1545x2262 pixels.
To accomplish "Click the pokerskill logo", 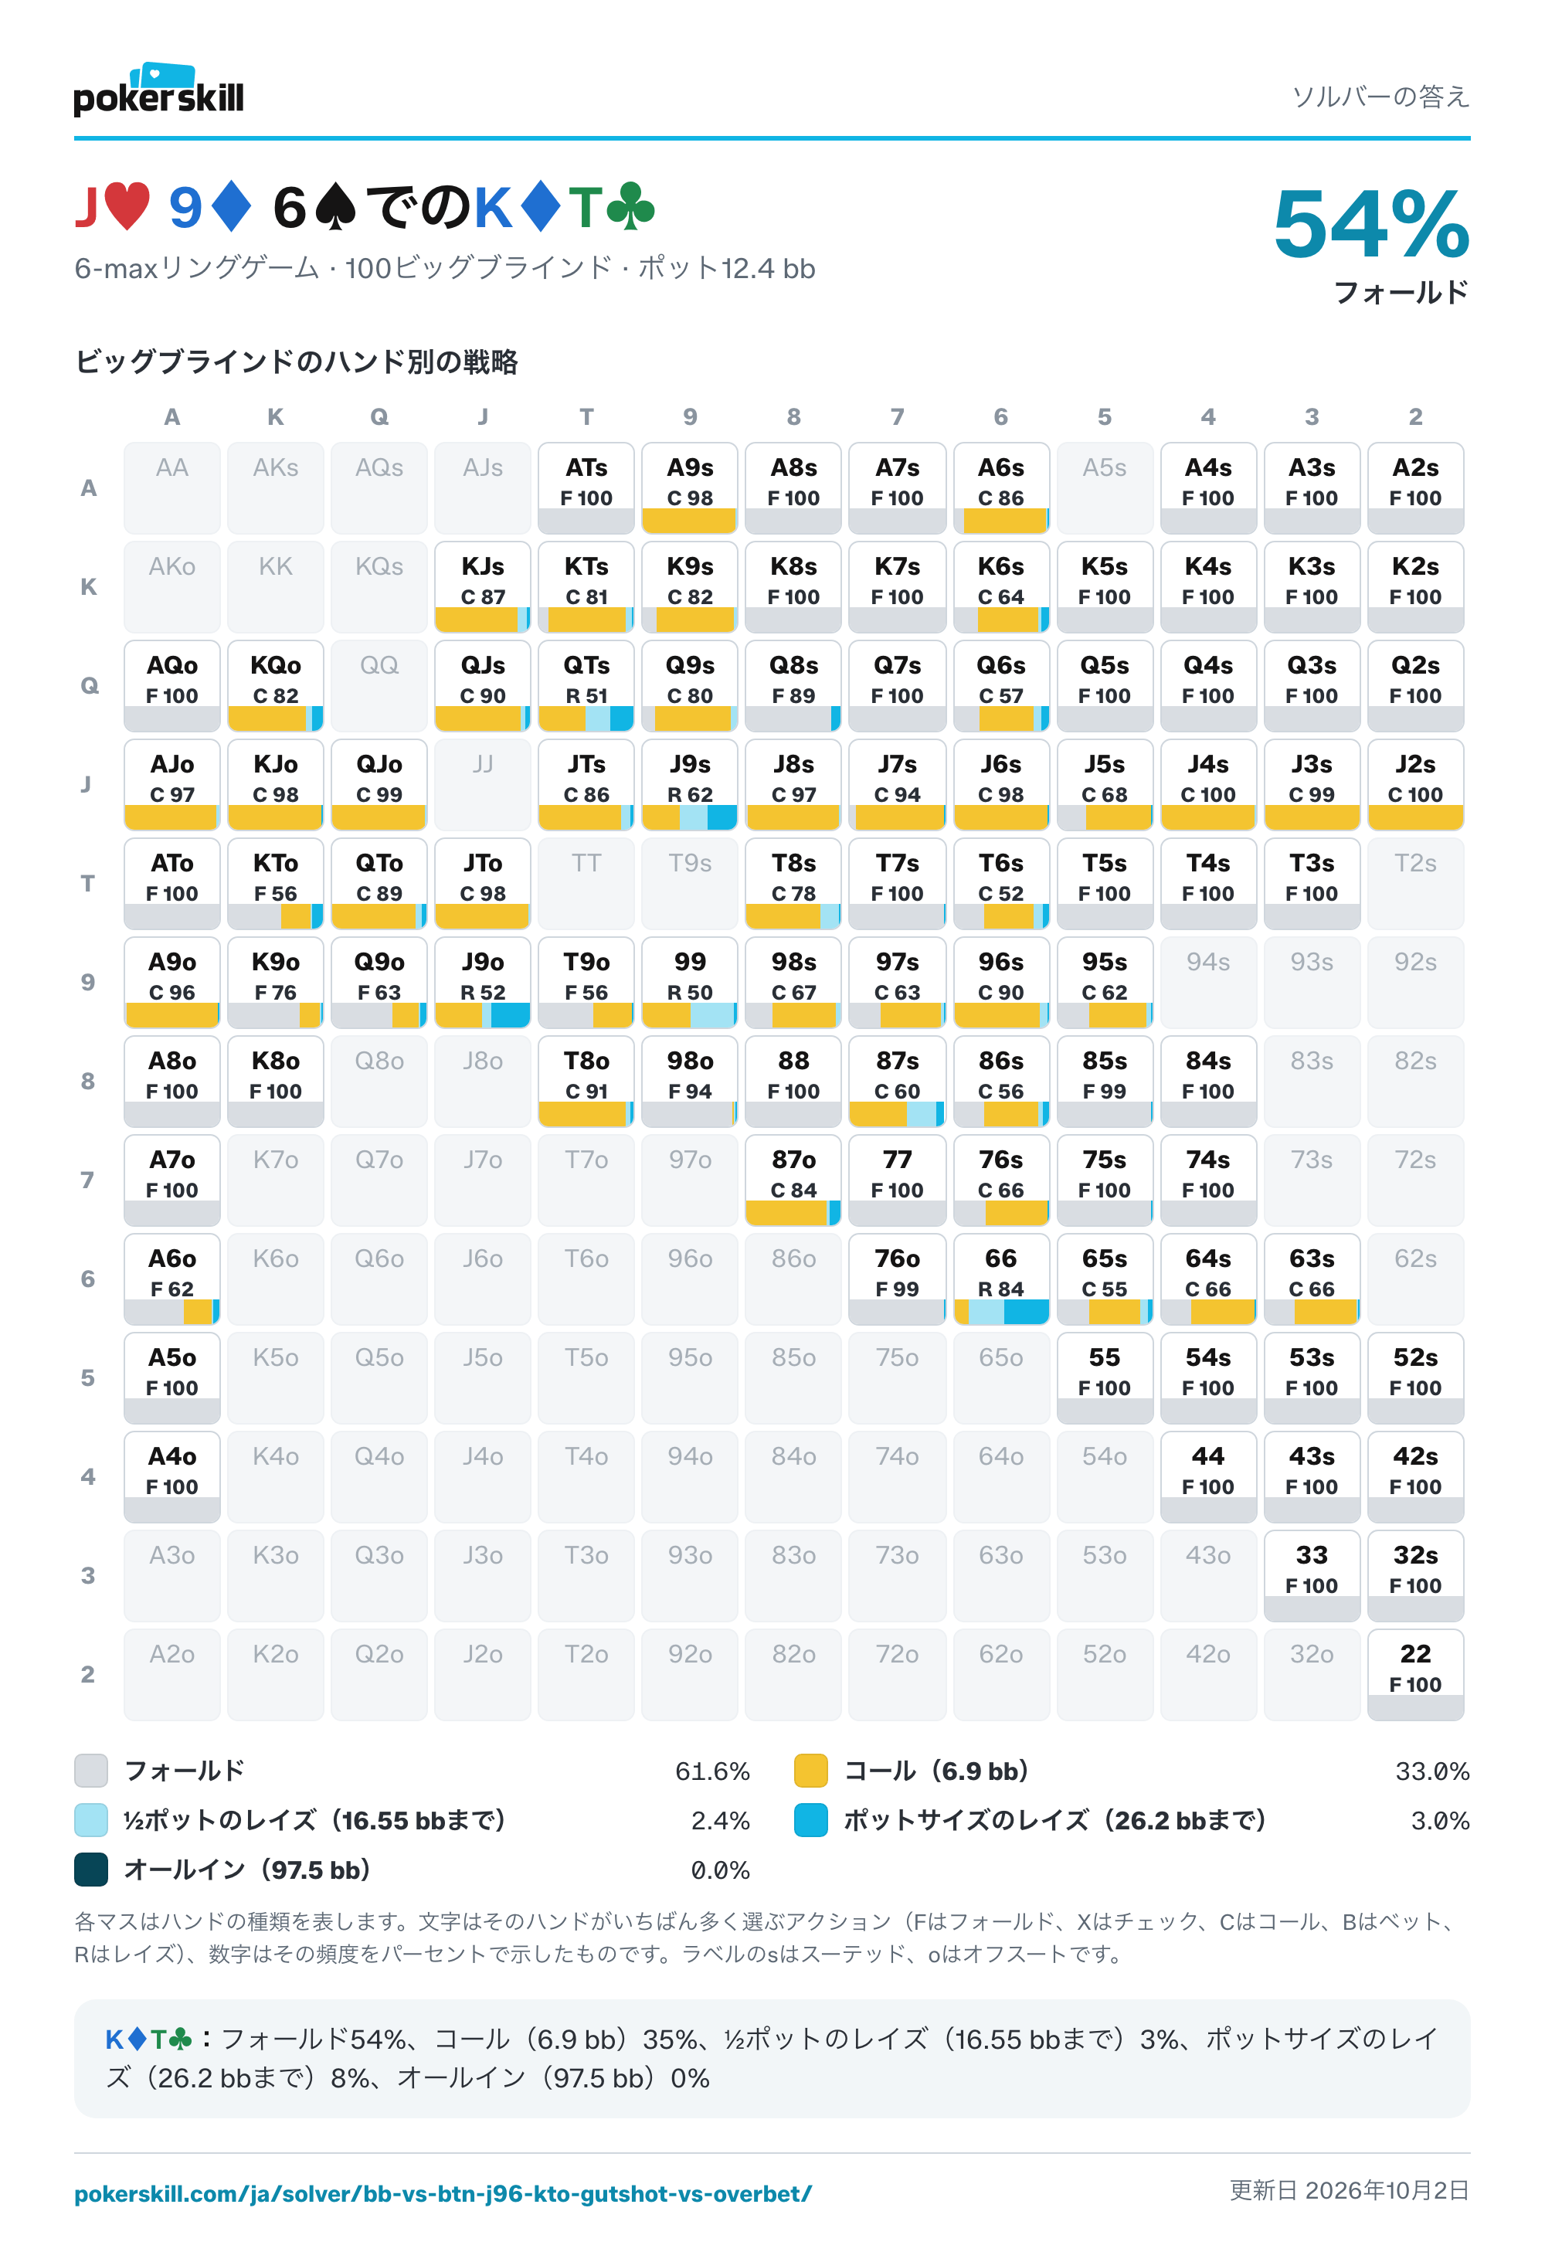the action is (158, 90).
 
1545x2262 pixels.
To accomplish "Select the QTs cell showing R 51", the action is (586, 685).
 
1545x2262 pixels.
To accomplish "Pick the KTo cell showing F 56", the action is (276, 883).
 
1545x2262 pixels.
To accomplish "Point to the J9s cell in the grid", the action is (691, 784).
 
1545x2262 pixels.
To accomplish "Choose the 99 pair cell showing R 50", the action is (691, 982).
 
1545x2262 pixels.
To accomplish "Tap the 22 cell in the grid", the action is (1415, 1674).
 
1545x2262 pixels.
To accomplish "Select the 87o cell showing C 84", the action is (793, 1180).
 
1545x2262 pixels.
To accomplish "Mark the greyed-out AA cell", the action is (172, 487).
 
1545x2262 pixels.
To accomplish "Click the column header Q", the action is (379, 416).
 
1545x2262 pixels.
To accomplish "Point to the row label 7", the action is (87, 1180).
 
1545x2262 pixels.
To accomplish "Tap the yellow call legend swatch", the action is (811, 1771).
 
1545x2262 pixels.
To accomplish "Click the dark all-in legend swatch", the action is (91, 1870).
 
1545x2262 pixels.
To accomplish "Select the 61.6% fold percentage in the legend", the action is (711, 1771).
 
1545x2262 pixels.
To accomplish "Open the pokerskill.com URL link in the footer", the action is (443, 2194).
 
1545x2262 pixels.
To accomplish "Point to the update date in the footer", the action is (1350, 2190).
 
